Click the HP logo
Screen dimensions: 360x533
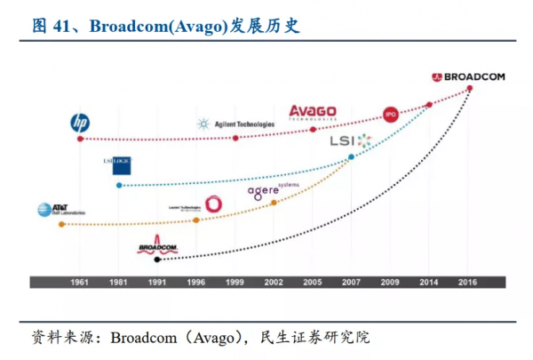coord(80,123)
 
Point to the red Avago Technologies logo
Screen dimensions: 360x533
coord(314,112)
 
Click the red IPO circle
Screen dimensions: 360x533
coord(390,114)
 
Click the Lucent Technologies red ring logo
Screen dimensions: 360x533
coord(213,204)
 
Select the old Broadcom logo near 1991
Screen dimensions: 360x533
coord(158,246)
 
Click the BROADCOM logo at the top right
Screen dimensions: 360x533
coord(467,77)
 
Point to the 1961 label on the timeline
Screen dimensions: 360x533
coord(80,281)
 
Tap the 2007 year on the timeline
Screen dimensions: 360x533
coord(351,281)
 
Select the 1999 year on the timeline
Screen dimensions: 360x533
coord(235,281)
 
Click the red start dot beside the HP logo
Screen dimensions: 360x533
coord(80,139)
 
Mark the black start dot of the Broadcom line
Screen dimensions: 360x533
coord(158,260)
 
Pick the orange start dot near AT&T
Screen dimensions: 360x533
coord(60,224)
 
